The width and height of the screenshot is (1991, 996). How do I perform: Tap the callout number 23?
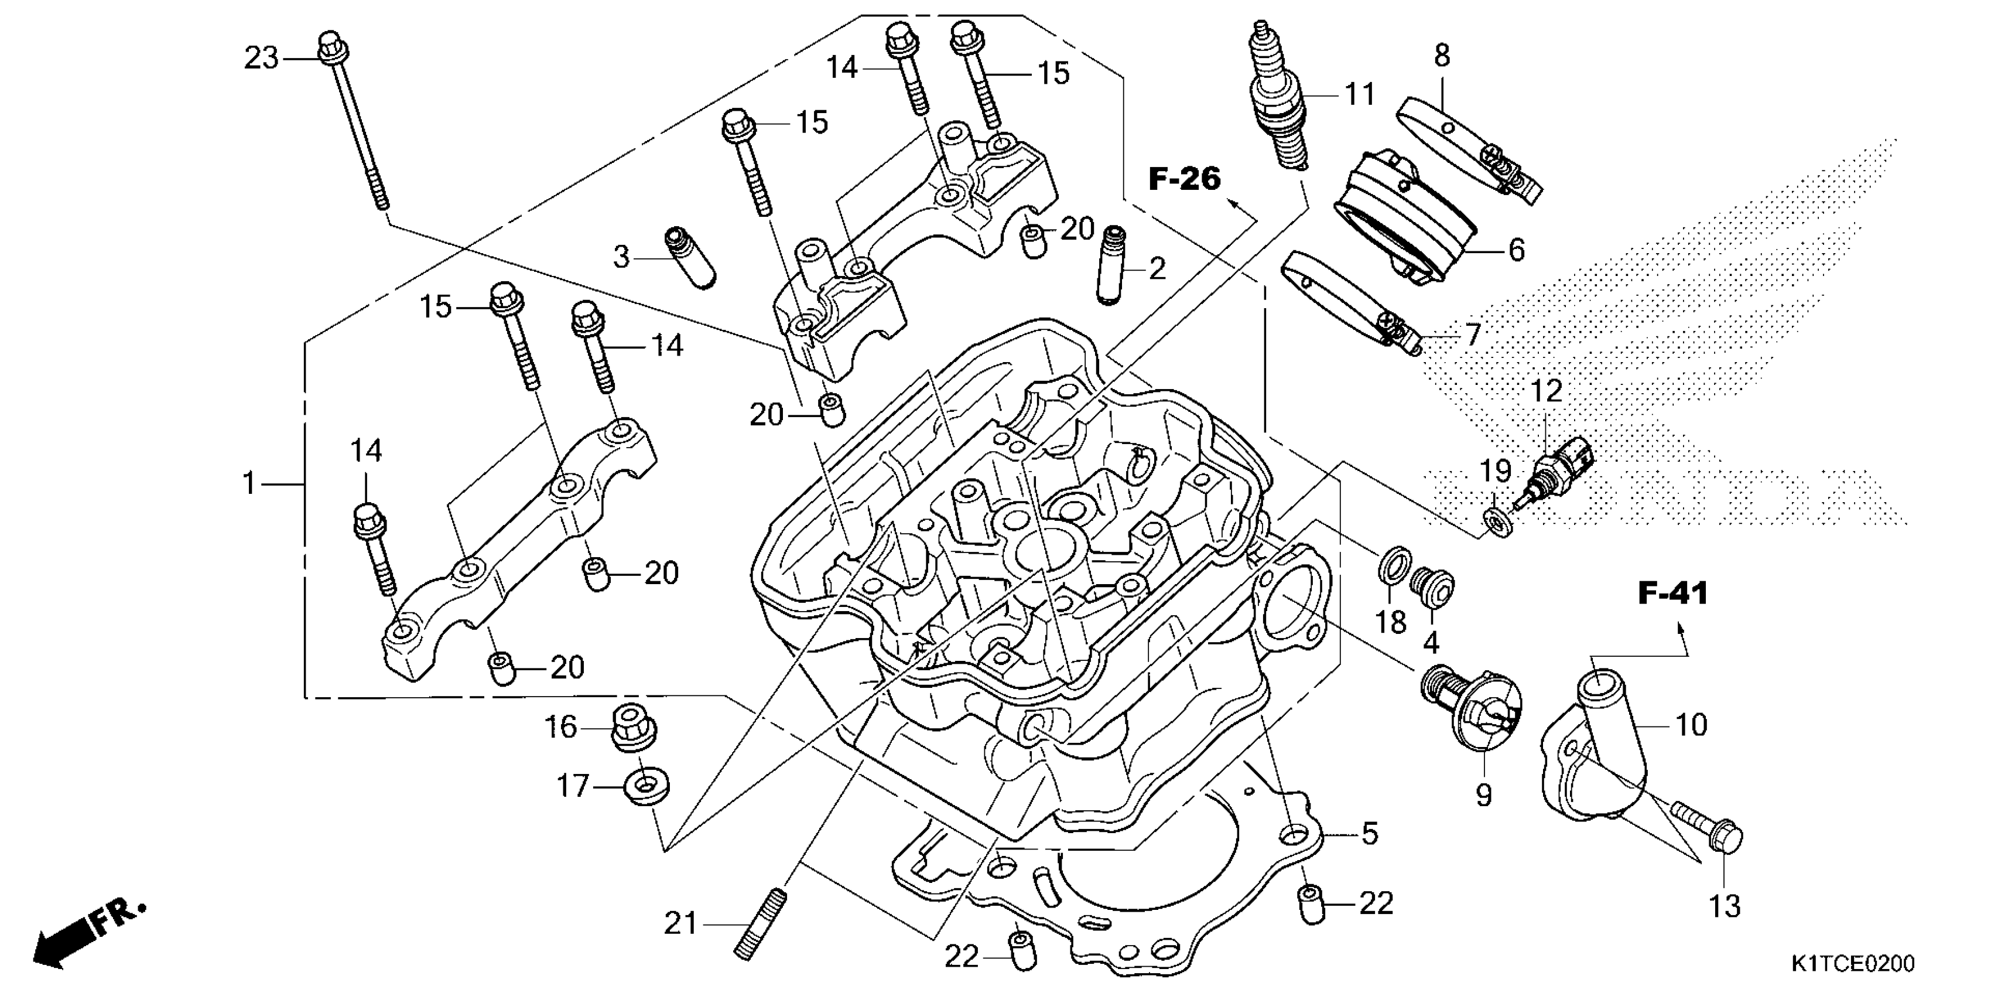pyautogui.click(x=261, y=58)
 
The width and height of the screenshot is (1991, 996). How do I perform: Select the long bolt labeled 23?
pyautogui.click(x=353, y=121)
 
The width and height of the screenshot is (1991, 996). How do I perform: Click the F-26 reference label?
pyautogui.click(x=1184, y=179)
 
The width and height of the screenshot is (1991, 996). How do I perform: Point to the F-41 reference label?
pyautogui.click(x=1672, y=593)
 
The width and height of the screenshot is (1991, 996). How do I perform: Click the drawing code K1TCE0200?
pyautogui.click(x=1853, y=964)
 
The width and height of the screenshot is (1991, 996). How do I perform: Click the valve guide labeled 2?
pyautogui.click(x=1114, y=264)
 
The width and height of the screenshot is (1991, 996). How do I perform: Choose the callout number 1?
pyautogui.click(x=249, y=484)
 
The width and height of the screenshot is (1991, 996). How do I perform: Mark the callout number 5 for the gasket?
pyautogui.click(x=1370, y=834)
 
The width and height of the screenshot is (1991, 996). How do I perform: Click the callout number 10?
pyautogui.click(x=1691, y=725)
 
